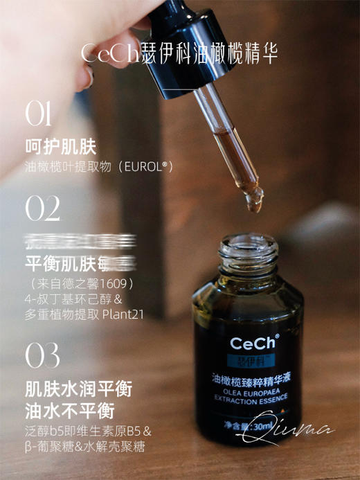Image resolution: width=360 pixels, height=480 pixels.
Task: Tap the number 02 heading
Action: point(43,208)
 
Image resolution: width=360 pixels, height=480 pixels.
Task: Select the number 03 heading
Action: point(43,355)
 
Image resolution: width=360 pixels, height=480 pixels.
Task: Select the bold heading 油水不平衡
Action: point(69,410)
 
